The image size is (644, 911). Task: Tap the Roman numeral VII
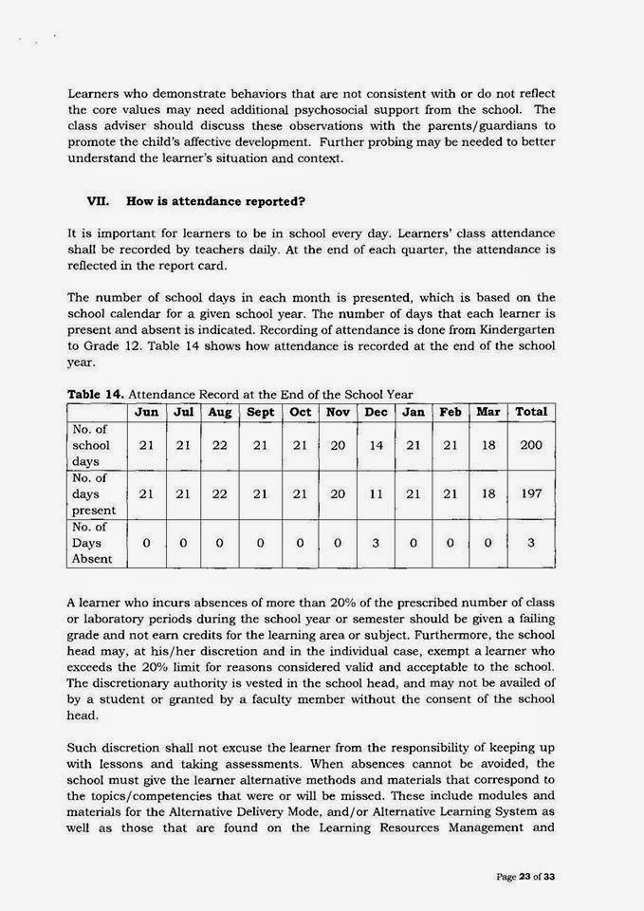coord(99,201)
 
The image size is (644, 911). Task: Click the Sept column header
coord(260,413)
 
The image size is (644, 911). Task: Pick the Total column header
coord(531,413)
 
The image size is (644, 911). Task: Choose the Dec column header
coord(377,413)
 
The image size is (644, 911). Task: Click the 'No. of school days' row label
coord(92,445)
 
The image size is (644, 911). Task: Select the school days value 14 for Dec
coord(377,445)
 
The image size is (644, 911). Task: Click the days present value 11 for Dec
coord(377,494)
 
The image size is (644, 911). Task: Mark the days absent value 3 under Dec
coord(377,543)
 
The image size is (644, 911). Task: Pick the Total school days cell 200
coord(531,445)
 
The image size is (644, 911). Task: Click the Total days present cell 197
coord(531,494)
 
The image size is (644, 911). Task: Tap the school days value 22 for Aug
coord(220,445)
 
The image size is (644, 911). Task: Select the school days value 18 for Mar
coord(488,445)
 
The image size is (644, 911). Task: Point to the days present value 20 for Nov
coord(338,494)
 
